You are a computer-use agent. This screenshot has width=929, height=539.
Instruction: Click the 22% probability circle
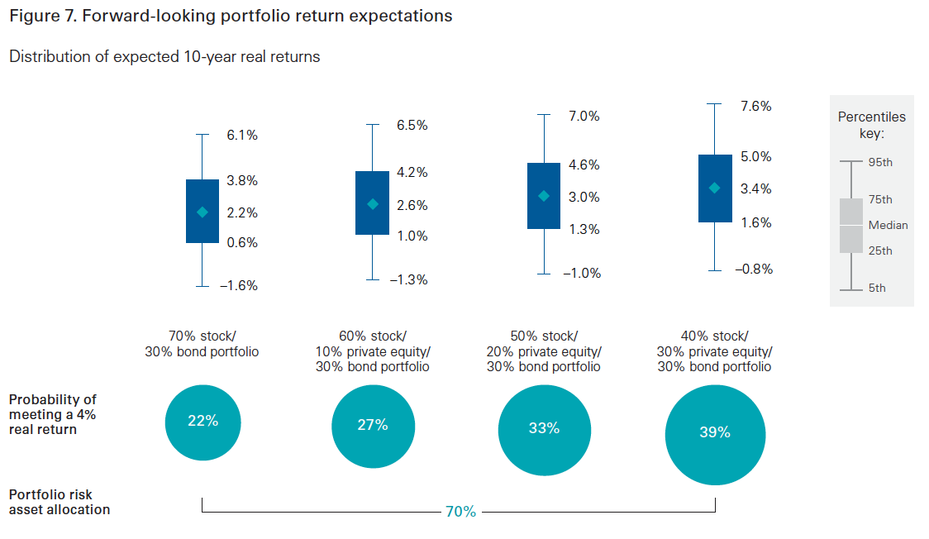pos(202,422)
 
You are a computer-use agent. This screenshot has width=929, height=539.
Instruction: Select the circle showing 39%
pos(715,435)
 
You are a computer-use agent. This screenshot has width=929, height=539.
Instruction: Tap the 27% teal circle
pos(373,427)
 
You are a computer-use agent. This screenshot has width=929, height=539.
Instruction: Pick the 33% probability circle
pos(544,430)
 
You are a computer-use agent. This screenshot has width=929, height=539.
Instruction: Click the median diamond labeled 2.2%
pos(202,212)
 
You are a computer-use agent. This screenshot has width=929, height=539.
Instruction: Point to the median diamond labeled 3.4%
pos(715,188)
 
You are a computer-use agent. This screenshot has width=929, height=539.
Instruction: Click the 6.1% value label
pos(241,135)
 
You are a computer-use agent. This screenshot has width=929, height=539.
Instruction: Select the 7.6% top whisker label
pos(756,106)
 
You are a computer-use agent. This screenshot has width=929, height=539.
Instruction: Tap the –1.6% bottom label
pos(239,285)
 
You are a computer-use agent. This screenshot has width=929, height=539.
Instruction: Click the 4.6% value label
pos(584,165)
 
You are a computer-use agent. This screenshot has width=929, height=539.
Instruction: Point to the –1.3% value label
pos(409,279)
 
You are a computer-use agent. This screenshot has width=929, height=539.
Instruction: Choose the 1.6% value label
pos(756,222)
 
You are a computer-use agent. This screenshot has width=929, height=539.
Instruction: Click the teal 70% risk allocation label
pos(461,511)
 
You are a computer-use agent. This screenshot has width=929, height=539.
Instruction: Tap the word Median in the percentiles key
pos(889,225)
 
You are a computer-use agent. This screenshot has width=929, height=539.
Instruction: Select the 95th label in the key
pos(880,162)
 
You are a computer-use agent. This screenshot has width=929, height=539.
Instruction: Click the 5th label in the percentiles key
pos(877,288)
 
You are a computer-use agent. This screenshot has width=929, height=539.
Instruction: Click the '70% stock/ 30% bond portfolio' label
pos(202,344)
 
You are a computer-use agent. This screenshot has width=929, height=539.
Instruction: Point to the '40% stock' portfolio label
pos(715,336)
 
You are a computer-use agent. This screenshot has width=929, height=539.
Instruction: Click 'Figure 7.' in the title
pos(43,16)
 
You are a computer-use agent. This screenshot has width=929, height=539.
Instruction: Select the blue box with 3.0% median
pos(544,195)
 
